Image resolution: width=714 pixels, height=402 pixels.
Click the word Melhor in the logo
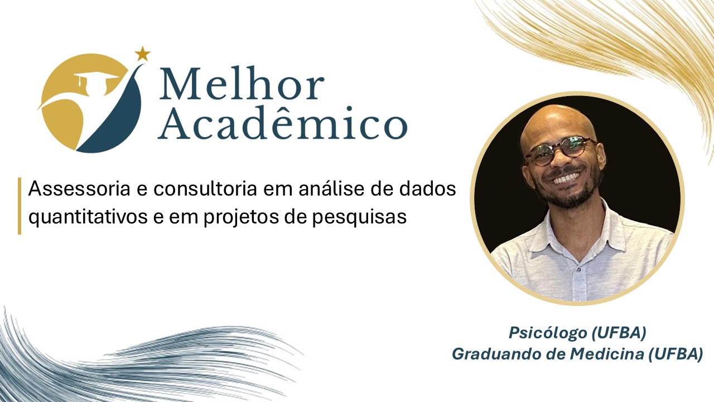click(242, 83)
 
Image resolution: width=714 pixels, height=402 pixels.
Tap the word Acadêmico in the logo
click(283, 123)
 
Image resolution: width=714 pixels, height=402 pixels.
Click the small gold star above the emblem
click(142, 54)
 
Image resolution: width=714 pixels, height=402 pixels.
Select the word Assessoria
click(79, 189)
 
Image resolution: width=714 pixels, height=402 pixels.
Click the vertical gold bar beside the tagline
click(20, 206)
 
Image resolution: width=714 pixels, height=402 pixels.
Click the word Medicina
click(607, 354)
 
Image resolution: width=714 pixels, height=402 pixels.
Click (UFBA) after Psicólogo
click(619, 333)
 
